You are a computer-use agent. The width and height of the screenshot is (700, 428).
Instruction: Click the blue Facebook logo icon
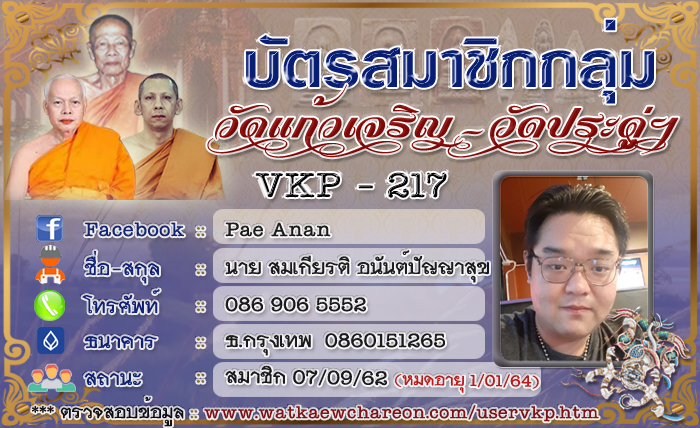coord(50,228)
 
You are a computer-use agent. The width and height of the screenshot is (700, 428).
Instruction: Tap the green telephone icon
coord(50,305)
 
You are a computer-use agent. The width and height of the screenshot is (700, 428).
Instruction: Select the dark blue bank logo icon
coord(50,341)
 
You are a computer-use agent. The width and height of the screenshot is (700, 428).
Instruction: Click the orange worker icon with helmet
coord(50,265)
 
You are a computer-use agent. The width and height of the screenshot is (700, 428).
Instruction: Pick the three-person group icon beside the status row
coord(51,378)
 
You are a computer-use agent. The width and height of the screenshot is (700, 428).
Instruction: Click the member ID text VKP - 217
coord(350,185)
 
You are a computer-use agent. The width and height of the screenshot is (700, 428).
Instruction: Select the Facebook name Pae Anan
coord(278,229)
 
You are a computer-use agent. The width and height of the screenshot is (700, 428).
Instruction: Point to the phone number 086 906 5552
coord(296,305)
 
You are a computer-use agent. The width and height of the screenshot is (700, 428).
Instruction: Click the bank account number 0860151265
coord(385,341)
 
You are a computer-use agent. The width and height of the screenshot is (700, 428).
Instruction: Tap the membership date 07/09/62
coord(340,378)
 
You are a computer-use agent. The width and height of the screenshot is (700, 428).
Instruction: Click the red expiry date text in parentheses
coord(467,381)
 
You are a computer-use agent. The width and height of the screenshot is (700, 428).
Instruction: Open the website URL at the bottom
coord(401,413)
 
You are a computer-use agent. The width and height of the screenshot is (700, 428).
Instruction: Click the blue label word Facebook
coord(134,229)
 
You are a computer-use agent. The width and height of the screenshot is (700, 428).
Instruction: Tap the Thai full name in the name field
coord(358,268)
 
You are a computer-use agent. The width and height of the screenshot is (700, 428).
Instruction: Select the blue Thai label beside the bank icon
coord(120,341)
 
